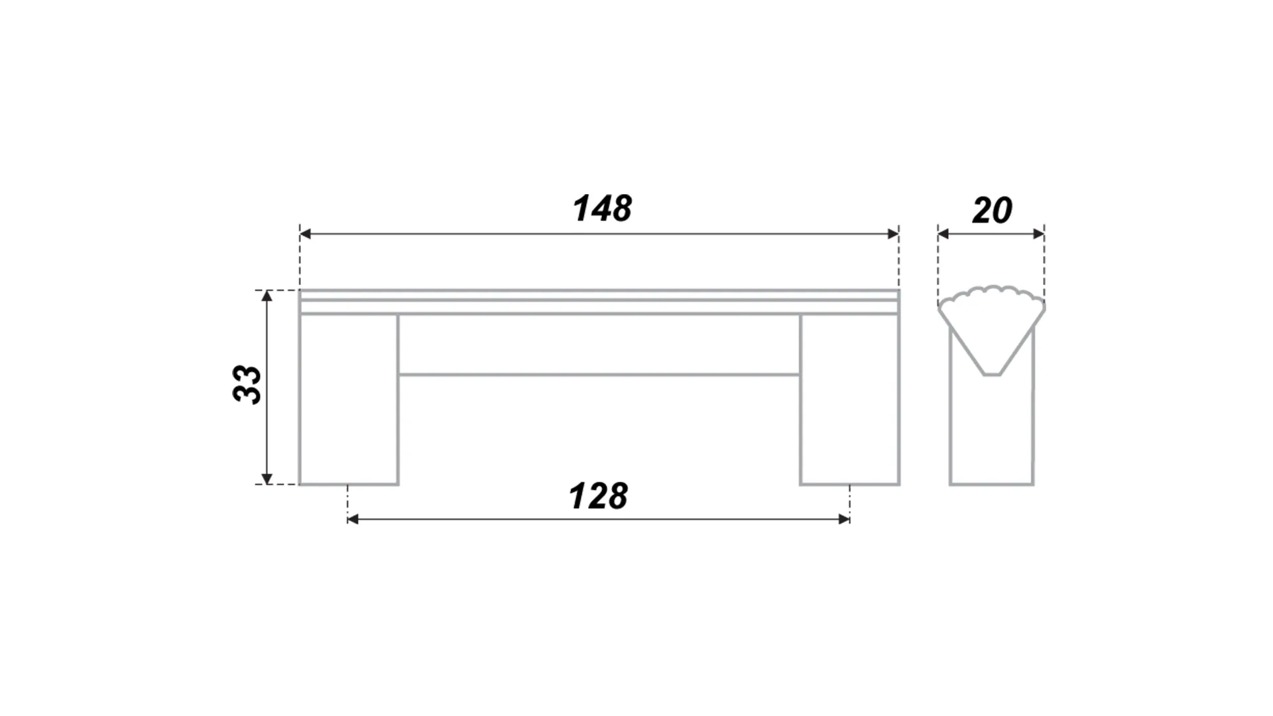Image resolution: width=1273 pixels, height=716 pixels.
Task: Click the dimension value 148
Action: pyautogui.click(x=602, y=208)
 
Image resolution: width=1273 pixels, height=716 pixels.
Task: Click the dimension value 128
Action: pyautogui.click(x=598, y=496)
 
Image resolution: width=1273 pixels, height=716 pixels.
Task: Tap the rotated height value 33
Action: pyautogui.click(x=247, y=384)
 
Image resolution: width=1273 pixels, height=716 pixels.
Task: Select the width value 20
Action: pyautogui.click(x=992, y=210)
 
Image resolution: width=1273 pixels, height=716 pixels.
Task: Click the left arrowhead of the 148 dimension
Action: pyautogui.click(x=306, y=234)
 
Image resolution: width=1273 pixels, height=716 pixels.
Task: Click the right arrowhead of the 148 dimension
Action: pyautogui.click(x=893, y=234)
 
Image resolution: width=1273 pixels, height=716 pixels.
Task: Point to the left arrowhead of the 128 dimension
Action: pyautogui.click(x=353, y=519)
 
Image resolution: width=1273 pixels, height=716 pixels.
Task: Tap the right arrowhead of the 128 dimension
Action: pyautogui.click(x=844, y=519)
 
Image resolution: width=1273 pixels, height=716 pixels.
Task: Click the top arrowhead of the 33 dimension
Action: pyautogui.click(x=267, y=296)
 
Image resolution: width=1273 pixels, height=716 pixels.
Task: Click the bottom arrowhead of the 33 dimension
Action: pyautogui.click(x=267, y=479)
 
